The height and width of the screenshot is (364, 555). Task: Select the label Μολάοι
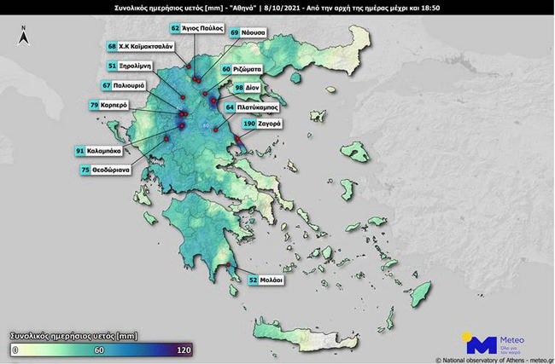[x=272, y=280]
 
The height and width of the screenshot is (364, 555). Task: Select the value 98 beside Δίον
[x=240, y=87]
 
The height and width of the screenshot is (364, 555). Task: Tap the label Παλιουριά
[x=129, y=85]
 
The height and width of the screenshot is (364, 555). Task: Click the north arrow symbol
[x=25, y=36]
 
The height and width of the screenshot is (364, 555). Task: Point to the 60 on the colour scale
[x=98, y=350]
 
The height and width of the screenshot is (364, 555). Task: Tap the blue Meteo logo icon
[x=479, y=344]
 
